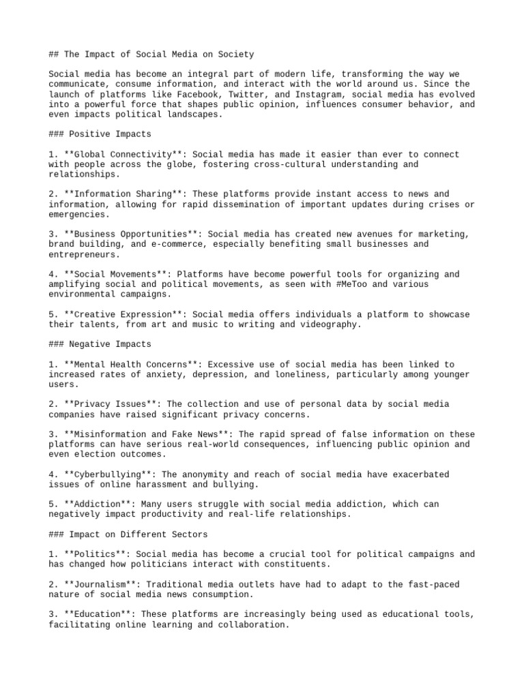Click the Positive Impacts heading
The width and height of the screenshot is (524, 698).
coord(109,134)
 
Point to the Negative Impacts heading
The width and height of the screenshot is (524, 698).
coord(109,344)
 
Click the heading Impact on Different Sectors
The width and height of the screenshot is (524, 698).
coord(137,534)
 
